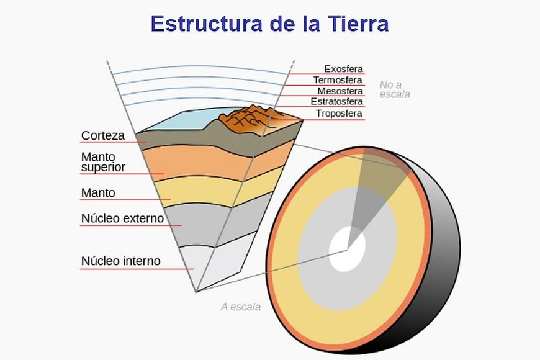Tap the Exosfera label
(343, 69)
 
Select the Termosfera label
(338, 80)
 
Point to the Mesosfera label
(340, 91)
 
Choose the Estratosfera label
(336, 102)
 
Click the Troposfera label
(339, 114)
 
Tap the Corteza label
(102, 135)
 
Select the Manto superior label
(103, 162)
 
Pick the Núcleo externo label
(122, 218)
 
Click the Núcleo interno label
(120, 261)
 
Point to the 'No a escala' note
(395, 89)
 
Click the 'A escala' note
(241, 307)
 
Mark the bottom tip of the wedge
(196, 291)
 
